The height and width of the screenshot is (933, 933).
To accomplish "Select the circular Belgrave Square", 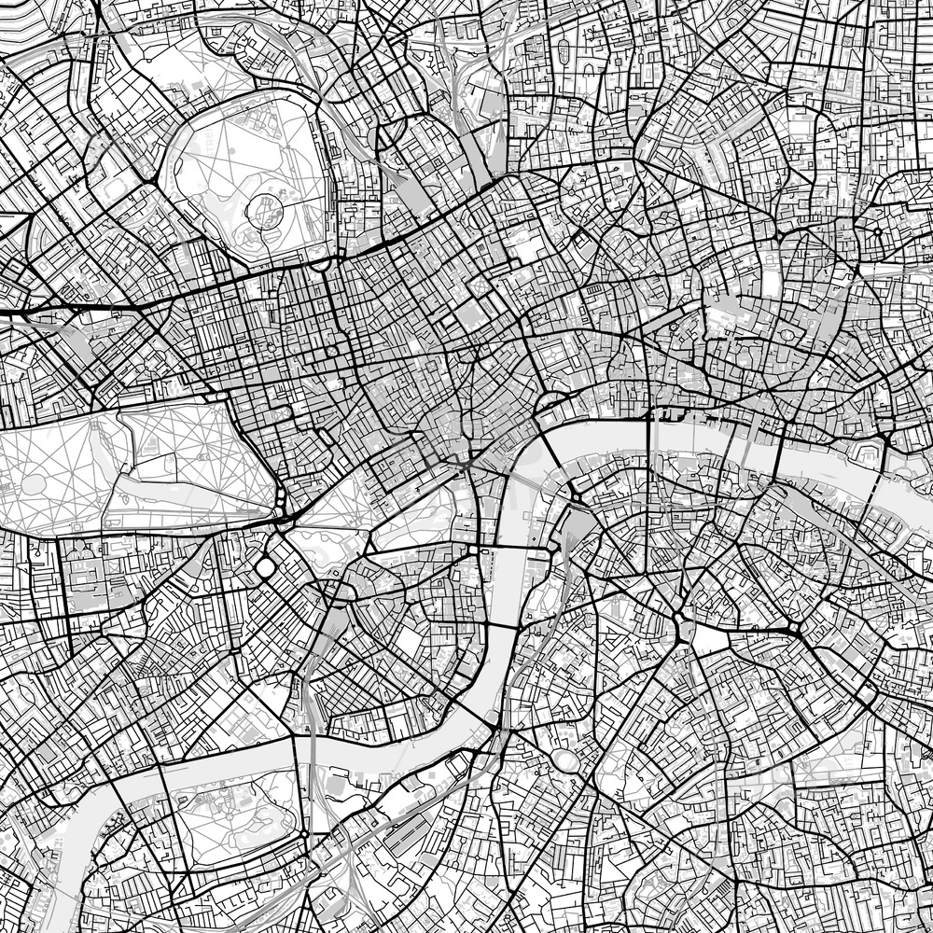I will point(266,566).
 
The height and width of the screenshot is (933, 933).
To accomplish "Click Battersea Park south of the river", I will point(233,812).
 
